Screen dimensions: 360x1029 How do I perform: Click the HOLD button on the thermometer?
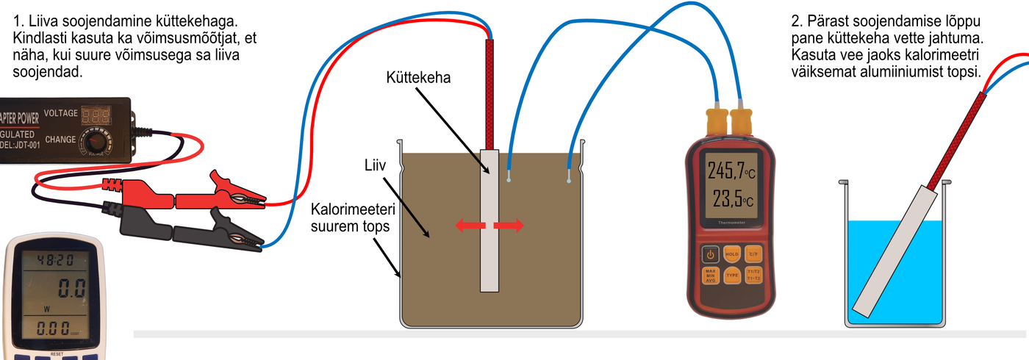coord(732,254)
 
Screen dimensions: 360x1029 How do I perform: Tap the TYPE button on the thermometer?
coord(732,276)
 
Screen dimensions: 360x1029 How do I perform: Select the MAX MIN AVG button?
coord(710,276)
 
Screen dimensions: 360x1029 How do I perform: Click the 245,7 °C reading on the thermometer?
coord(731,171)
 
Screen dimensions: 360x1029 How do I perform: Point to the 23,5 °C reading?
coord(731,200)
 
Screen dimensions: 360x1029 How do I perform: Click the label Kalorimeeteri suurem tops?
coord(349,217)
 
